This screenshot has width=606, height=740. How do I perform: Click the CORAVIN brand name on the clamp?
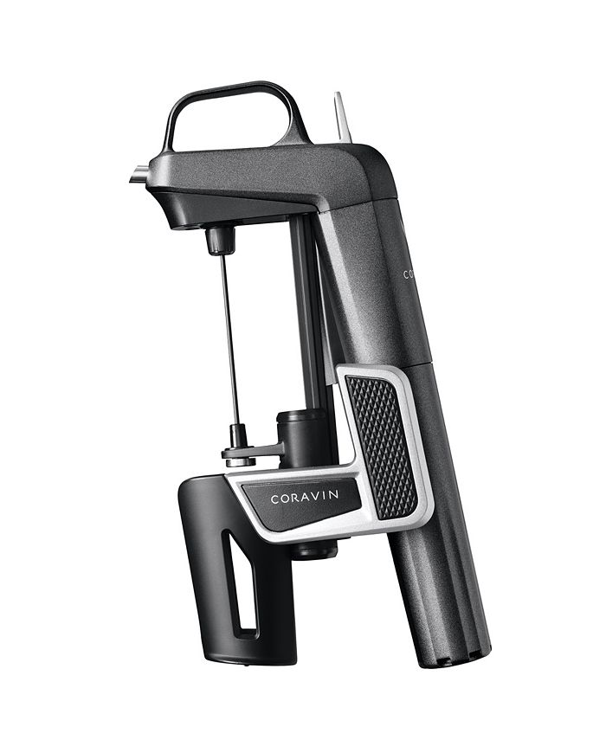pos(303,498)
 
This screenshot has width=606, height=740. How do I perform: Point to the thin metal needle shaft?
pos(227,338)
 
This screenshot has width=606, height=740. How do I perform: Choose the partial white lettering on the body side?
pos(408,274)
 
